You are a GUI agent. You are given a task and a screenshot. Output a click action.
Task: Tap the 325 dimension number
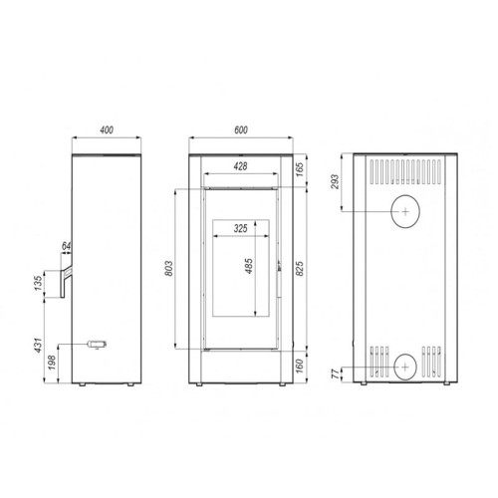pos(240,228)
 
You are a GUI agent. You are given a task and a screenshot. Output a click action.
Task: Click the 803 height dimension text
pos(169,269)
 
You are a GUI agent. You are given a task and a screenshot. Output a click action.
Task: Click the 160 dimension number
pos(299,367)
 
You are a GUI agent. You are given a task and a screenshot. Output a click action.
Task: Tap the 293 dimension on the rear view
pos(336,183)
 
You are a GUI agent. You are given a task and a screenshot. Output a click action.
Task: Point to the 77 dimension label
pos(336,373)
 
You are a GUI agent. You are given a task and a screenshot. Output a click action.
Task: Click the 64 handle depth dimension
pos(66,246)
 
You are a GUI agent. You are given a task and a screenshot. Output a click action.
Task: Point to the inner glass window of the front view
pos(239,269)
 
